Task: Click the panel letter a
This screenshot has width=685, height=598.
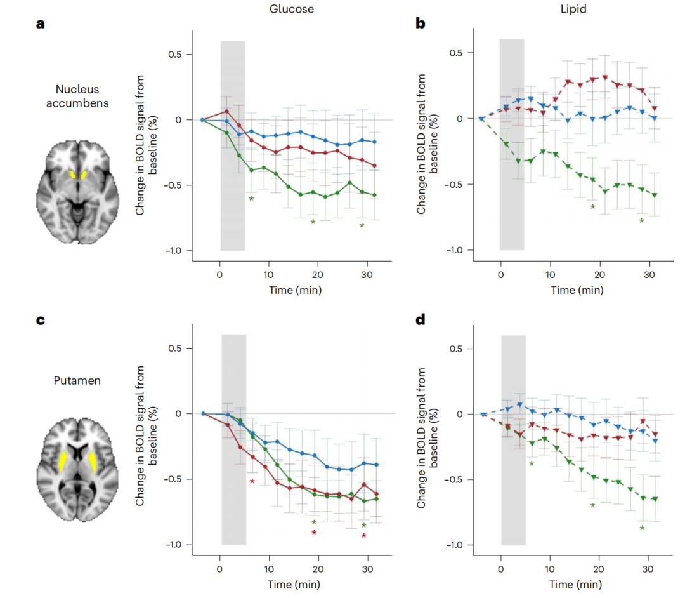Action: click(x=39, y=25)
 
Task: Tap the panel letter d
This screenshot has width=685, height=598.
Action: click(x=421, y=319)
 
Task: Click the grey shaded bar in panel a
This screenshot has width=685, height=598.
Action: click(x=233, y=146)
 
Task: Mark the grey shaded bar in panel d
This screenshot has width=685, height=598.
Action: click(x=513, y=440)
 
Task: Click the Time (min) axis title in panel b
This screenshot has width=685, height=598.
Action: click(x=577, y=290)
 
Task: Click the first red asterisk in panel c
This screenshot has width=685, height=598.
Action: click(x=252, y=482)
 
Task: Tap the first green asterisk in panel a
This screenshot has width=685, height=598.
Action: click(x=251, y=200)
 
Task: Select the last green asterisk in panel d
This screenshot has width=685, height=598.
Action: click(x=642, y=529)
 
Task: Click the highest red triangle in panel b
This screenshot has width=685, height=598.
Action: click(x=604, y=77)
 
